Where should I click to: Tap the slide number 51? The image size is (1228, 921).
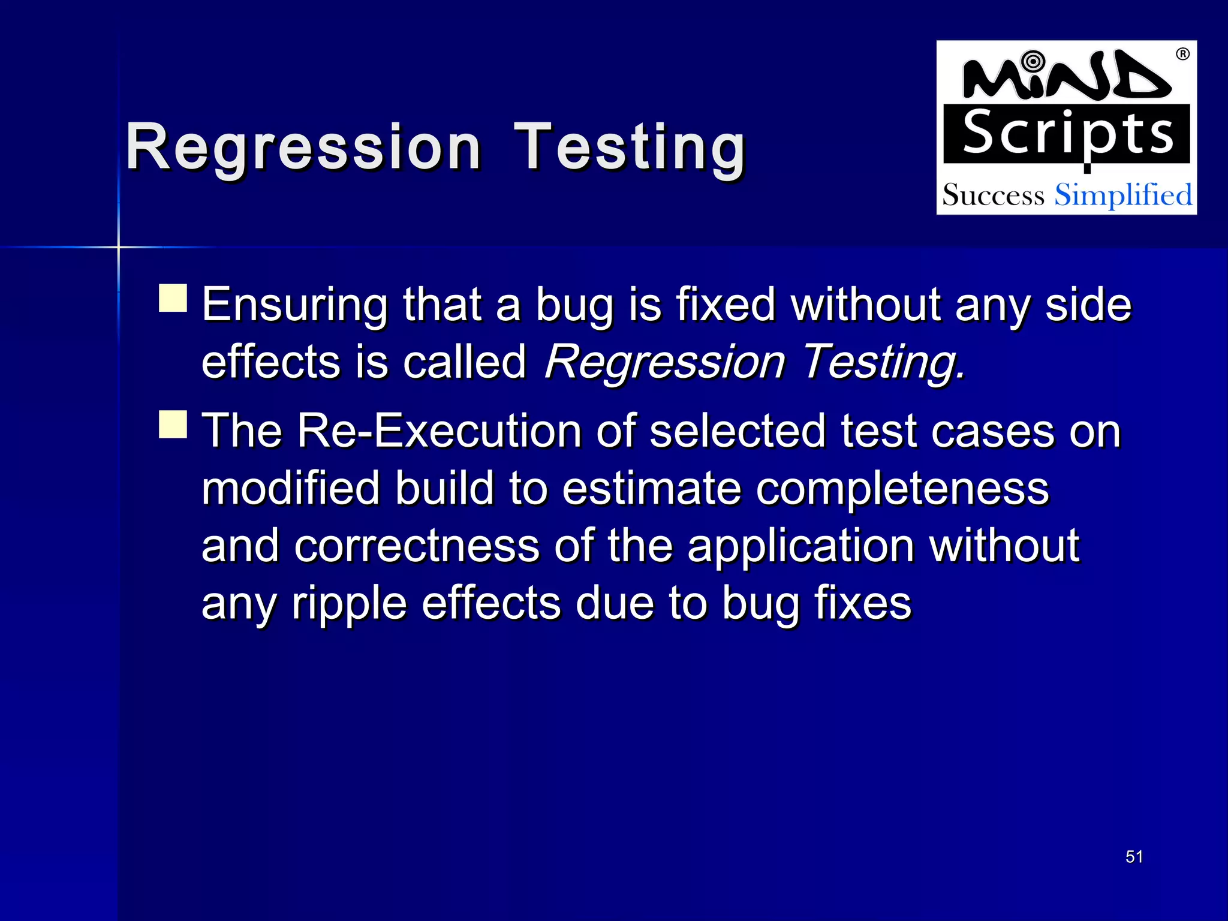click(1134, 857)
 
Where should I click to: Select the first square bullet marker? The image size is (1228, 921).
click(173, 298)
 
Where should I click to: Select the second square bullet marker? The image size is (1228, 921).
click(173, 424)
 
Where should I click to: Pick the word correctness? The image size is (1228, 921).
click(417, 546)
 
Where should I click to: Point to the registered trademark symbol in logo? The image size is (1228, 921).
click(1182, 55)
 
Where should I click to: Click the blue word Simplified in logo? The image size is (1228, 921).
click(1123, 195)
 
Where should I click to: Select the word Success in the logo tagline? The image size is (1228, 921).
click(993, 195)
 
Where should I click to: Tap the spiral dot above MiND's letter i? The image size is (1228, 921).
click(1033, 62)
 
